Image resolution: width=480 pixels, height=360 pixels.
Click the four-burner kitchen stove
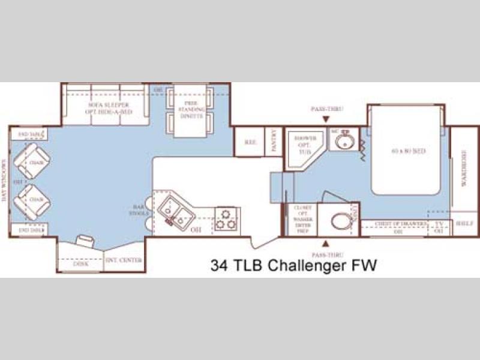[x=227, y=219]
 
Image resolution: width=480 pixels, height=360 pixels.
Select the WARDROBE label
[x=463, y=170]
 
